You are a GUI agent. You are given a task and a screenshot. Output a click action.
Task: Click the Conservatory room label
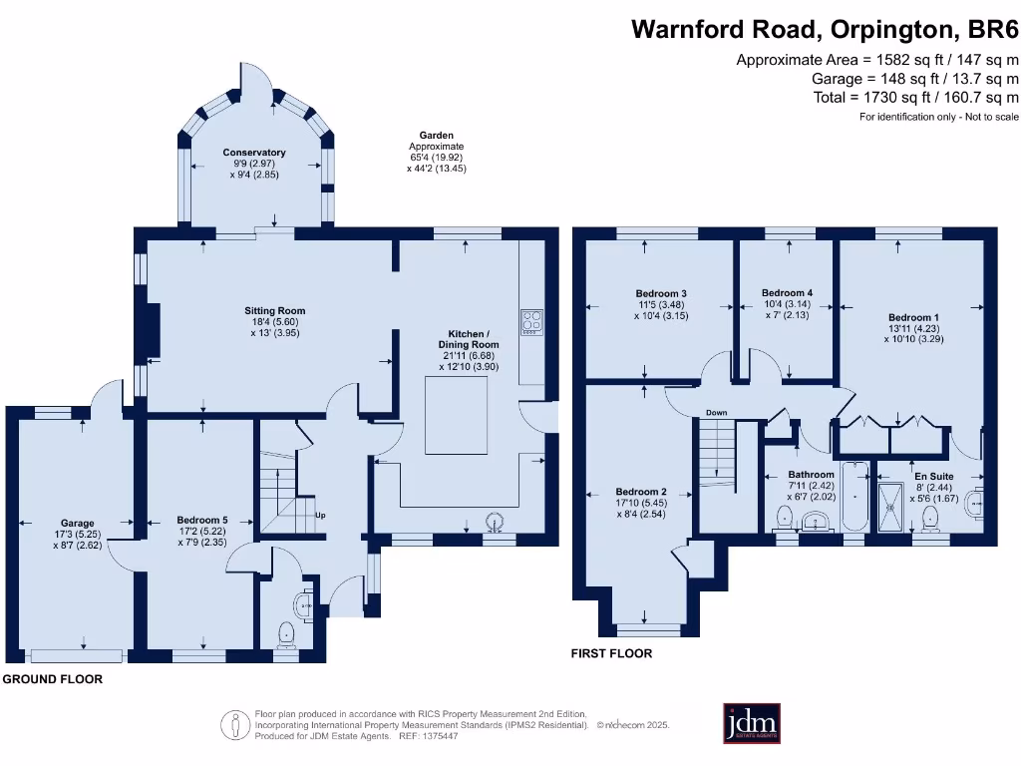tap(254, 153)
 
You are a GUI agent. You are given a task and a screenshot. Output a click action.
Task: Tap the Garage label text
tap(78, 523)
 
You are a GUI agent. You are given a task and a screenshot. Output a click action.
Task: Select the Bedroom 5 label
tap(202, 520)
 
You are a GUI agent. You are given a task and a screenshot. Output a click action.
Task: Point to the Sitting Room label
tap(275, 310)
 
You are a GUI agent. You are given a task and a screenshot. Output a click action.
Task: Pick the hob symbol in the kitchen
tap(531, 321)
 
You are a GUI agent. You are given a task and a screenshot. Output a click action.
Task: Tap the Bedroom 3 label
tap(661, 293)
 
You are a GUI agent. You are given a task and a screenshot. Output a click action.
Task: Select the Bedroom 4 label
tap(787, 293)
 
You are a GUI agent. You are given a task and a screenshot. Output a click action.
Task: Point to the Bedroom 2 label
tap(640, 492)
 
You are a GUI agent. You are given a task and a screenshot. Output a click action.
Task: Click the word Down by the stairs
tap(716, 413)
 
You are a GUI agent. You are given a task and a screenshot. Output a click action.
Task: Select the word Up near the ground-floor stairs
tap(320, 516)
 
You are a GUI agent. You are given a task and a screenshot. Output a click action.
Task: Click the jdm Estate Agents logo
tap(751, 724)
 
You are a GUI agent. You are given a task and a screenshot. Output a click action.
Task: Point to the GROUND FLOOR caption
tap(52, 679)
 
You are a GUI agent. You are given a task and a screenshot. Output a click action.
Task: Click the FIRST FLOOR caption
tap(611, 654)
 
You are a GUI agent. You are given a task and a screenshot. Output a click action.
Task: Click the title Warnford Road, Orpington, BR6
tap(825, 28)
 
